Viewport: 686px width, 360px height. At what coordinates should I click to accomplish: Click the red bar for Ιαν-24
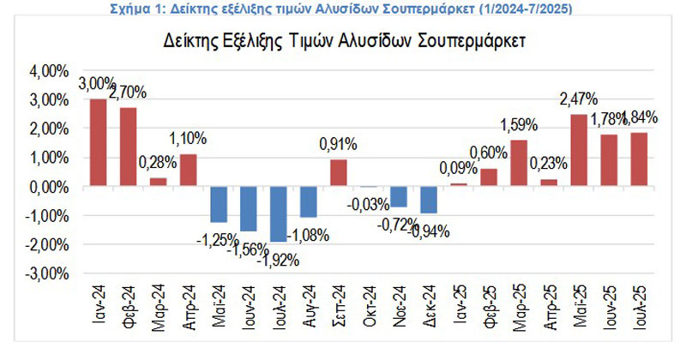coord(99,142)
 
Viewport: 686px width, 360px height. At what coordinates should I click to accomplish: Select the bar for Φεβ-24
coord(129,147)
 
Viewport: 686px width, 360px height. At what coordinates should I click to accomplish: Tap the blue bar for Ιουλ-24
coord(279,213)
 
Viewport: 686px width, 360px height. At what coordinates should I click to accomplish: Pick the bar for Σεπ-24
coord(339,173)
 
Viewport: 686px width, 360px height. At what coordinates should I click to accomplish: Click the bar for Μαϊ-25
coord(579,150)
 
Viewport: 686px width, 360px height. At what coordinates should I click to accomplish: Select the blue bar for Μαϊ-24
coord(219,204)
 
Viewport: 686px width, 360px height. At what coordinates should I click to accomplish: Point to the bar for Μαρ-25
coord(519,163)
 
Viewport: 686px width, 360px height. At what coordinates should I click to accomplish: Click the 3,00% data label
coord(97,85)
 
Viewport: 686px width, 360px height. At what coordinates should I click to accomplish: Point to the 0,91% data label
coord(338,145)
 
